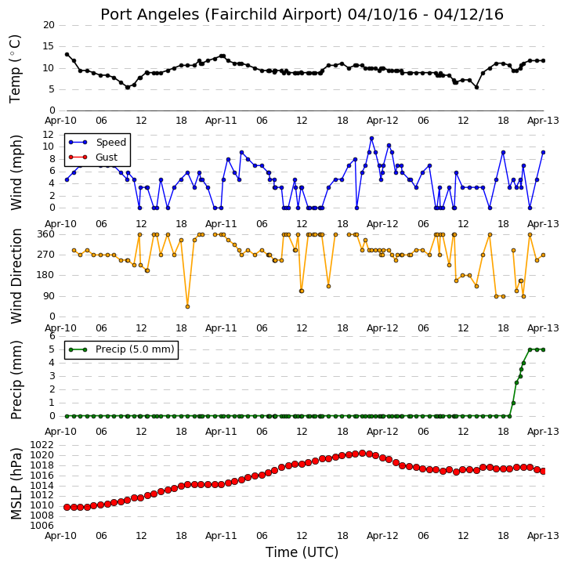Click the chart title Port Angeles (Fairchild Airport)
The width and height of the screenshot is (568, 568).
(x=222, y=15)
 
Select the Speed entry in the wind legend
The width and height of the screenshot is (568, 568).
(x=97, y=142)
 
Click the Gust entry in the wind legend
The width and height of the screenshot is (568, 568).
(x=93, y=157)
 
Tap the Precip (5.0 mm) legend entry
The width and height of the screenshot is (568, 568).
(x=121, y=349)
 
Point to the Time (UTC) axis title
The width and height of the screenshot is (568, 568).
(x=302, y=552)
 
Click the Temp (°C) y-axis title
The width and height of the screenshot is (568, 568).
(x=15, y=69)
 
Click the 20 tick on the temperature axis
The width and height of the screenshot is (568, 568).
(x=49, y=25)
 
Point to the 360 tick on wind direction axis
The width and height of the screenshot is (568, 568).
(x=46, y=234)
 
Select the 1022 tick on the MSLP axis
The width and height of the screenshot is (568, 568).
(x=42, y=444)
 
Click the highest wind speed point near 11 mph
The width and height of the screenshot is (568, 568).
(x=371, y=139)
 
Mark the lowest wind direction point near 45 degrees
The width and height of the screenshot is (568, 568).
(x=188, y=306)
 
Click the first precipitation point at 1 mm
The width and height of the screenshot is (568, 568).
(x=513, y=403)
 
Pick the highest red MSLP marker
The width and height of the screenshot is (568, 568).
(x=362, y=453)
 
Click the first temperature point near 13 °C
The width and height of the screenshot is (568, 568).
(x=67, y=54)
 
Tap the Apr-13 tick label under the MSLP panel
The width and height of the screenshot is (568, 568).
(x=543, y=535)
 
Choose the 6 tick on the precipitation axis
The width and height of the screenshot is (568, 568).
(x=52, y=336)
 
